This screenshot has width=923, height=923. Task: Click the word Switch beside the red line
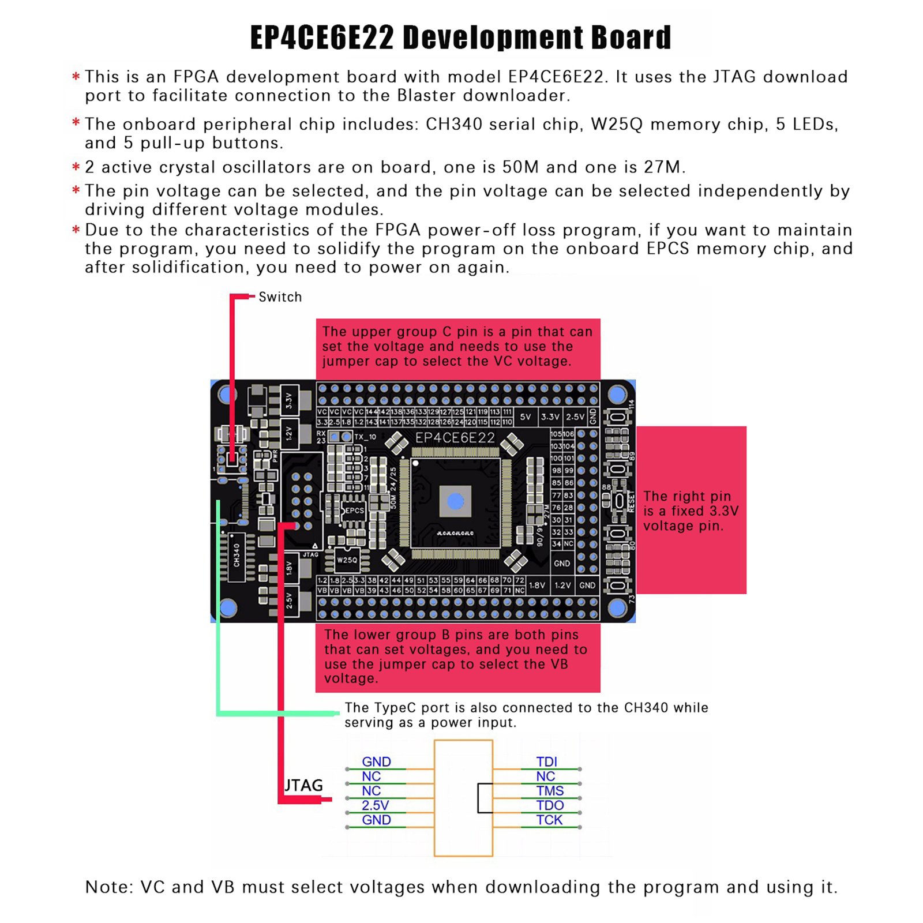[x=280, y=297]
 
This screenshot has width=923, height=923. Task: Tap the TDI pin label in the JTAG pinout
[x=546, y=761]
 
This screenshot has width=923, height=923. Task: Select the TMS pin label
[x=550, y=791]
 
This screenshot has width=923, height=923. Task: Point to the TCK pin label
[x=549, y=820]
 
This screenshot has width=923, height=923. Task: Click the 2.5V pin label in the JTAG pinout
[x=376, y=805]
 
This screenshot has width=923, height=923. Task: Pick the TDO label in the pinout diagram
[x=550, y=805]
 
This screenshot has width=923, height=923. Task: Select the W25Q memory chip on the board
[x=347, y=560]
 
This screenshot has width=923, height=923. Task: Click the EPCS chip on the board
[x=353, y=511]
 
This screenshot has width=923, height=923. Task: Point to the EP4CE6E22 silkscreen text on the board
[x=455, y=438]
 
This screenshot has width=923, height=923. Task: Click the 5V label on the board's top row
[x=526, y=417]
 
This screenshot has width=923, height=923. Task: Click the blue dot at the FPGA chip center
[x=455, y=501]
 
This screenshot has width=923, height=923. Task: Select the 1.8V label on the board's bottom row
[x=537, y=585]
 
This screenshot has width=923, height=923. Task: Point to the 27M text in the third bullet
[x=662, y=167]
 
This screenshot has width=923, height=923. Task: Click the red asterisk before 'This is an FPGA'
[x=76, y=76]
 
